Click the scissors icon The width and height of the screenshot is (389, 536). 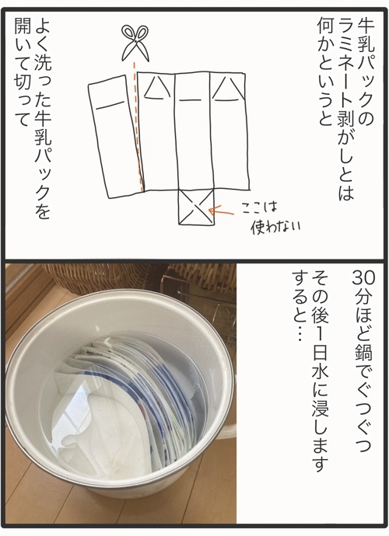pos(135,44)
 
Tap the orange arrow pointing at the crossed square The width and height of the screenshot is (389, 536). pos(221,212)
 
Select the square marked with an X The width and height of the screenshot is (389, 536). pos(196,207)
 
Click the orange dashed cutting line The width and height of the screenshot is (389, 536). pos(138,127)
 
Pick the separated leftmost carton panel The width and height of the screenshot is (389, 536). pos(116,137)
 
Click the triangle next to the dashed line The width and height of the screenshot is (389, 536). pos(157,88)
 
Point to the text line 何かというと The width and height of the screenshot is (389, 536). pos(324,71)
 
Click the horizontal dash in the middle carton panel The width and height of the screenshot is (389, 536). pos(191,100)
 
